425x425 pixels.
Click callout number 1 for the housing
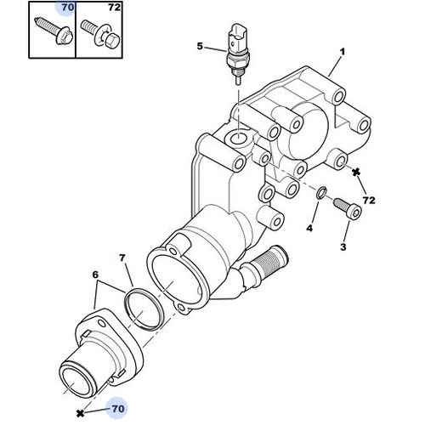343,52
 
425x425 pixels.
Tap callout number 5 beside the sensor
200,46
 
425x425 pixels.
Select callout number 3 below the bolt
343,247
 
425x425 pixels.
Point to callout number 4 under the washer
309,228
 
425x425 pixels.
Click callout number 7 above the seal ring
122,258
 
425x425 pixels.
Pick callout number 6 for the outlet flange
95,275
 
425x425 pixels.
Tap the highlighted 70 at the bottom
118,409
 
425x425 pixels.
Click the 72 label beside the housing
369,201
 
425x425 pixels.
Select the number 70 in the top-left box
67,8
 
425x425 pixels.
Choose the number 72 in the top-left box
115,8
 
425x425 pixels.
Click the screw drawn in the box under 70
54,31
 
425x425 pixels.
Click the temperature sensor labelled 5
237,54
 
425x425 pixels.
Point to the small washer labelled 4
321,193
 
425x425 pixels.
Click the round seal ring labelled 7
144,309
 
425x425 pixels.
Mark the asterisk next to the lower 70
81,413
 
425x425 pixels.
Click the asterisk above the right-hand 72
356,172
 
